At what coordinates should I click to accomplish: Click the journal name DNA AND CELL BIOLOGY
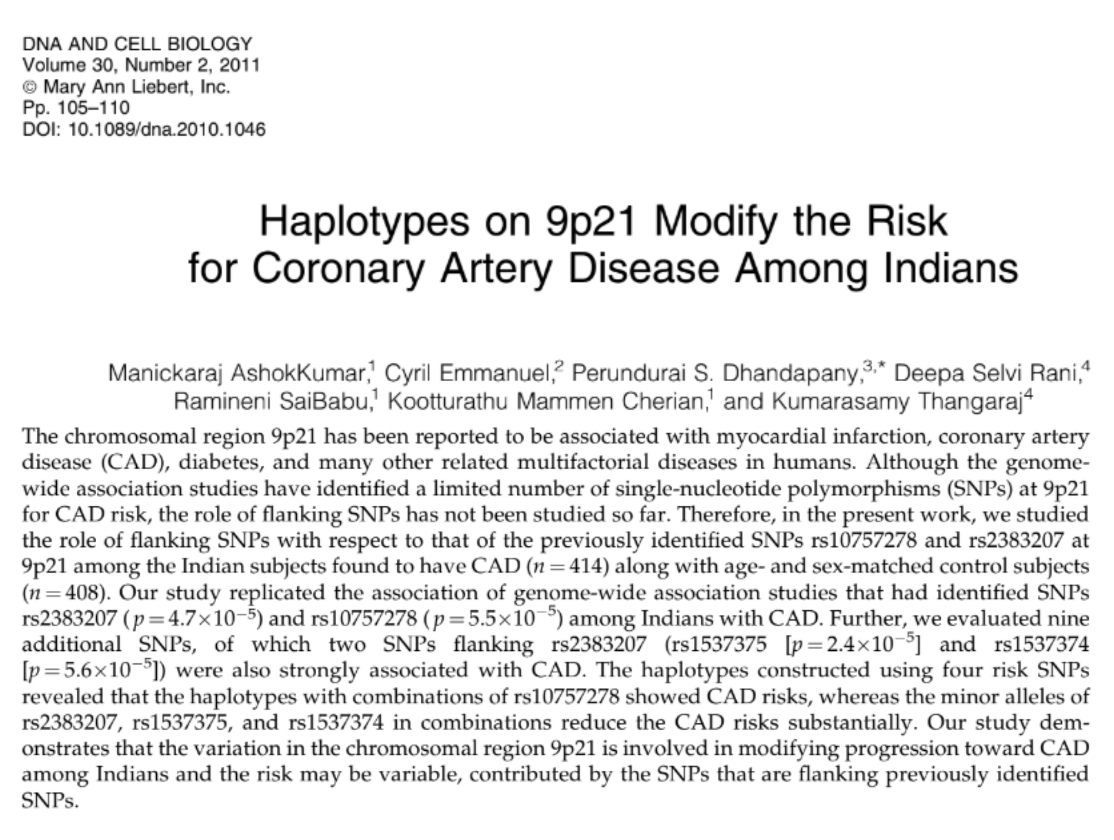tap(137, 44)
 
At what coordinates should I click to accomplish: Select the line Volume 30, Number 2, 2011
tap(141, 65)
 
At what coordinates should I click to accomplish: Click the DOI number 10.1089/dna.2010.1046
tap(166, 129)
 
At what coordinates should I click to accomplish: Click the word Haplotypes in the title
tap(364, 221)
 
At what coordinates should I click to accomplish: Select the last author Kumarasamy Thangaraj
tap(897, 402)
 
